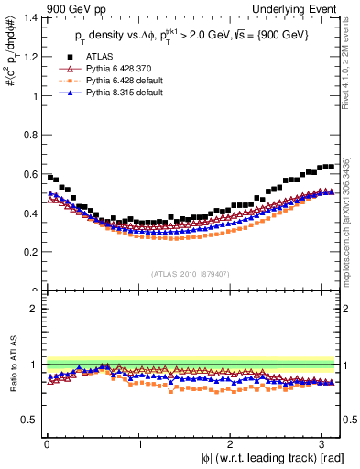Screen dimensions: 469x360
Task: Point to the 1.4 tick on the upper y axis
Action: (33, 17)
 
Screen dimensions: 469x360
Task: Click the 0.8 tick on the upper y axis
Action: (33, 135)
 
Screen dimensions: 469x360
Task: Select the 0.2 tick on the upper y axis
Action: (33, 252)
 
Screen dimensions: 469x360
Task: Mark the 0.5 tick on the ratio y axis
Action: (33, 420)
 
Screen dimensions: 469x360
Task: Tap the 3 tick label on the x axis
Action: (322, 444)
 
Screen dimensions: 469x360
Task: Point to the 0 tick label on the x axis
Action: (47, 444)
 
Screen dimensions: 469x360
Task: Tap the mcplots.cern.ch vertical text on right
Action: (349, 215)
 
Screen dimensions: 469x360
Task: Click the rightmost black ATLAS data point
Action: (331, 167)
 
